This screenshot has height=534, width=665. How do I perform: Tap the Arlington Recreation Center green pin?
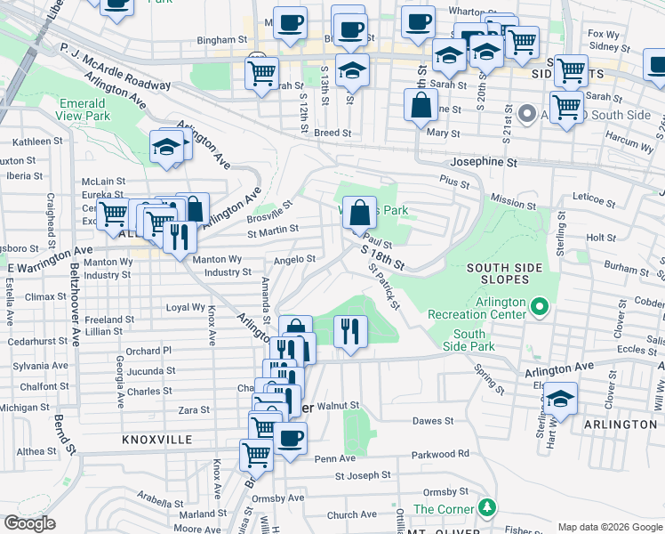[x=539, y=308]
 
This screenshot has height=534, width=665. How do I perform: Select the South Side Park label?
[x=469, y=340]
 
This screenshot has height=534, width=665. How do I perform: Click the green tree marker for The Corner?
[x=485, y=508]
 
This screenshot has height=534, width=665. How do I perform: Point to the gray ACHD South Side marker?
[x=526, y=114]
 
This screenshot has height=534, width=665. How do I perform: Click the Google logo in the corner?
[x=30, y=523]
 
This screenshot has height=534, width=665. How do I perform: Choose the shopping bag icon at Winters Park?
[x=359, y=214]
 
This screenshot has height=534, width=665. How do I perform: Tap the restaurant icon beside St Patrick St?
[x=350, y=332]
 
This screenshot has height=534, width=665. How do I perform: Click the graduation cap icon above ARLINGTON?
[x=560, y=398]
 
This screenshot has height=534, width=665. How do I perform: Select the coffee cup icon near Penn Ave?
[x=290, y=439]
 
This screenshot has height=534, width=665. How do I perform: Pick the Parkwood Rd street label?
[x=440, y=454]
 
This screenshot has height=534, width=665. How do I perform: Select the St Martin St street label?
[x=273, y=231]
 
